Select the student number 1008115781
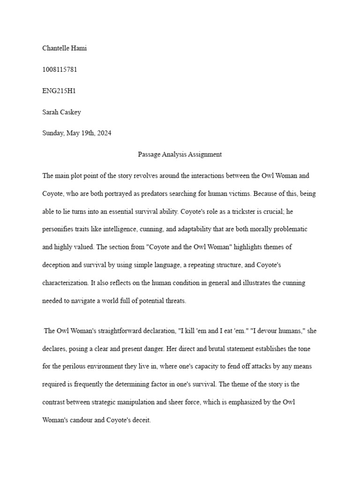(60, 69)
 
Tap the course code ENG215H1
(59, 91)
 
